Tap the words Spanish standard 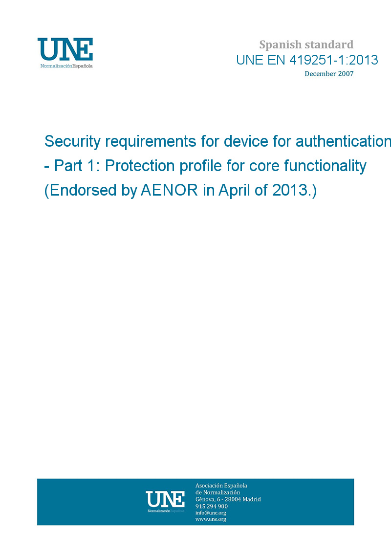tap(306, 45)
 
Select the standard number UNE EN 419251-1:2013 tap(307, 60)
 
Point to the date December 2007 tap(329, 74)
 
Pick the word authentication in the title tap(343, 141)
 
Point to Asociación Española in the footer tap(221, 486)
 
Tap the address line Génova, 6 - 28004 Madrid tap(228, 499)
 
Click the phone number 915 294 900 tap(212, 506)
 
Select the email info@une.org tap(211, 513)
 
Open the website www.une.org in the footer tap(211, 519)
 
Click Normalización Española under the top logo tap(66, 66)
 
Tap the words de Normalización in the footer tap(217, 492)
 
